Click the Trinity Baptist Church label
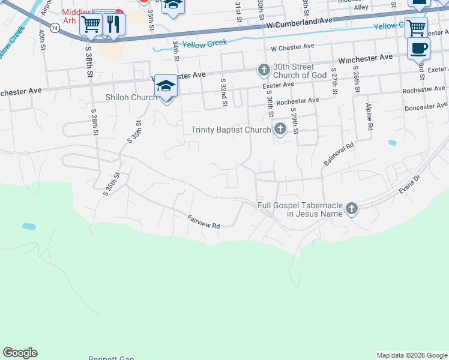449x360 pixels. click(231, 130)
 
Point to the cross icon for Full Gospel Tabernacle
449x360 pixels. click(351, 209)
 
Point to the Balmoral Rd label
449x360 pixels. click(339, 154)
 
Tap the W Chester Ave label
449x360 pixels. click(293, 46)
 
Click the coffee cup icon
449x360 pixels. click(418, 48)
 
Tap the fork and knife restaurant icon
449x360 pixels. click(113, 23)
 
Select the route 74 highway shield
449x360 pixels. click(55, 28)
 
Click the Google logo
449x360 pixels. click(20, 353)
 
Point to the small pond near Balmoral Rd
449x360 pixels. click(392, 143)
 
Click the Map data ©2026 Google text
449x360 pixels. click(412, 355)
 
